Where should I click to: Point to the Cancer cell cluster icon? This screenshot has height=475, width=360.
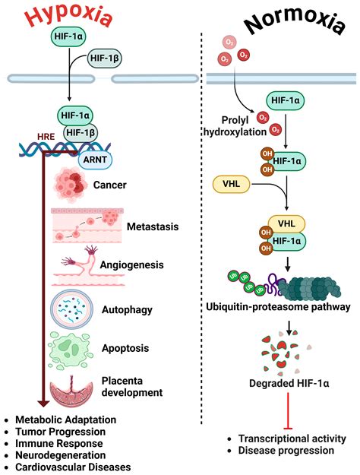[x=77, y=185]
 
